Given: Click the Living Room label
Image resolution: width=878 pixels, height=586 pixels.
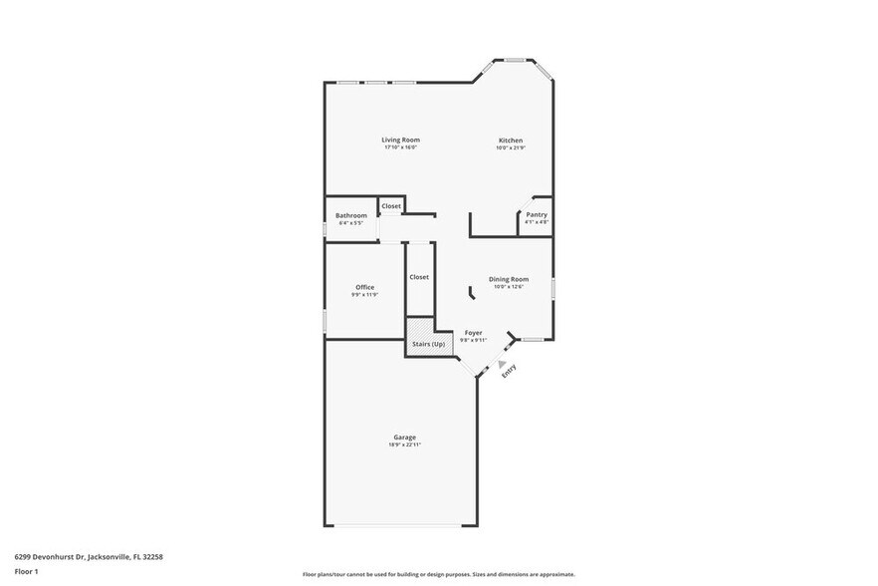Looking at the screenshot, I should point(400,140).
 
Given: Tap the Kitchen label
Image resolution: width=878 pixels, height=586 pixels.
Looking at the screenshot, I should point(511,141).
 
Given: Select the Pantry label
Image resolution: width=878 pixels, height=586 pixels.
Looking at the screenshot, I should point(537,214).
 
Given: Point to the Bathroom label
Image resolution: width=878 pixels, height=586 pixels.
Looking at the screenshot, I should point(350,215).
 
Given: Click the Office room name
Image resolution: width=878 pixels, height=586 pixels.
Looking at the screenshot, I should point(364,287).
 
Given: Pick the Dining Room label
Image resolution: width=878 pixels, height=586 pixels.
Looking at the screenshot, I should point(508,279).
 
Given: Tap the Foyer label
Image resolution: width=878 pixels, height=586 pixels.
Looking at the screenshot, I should point(473,332).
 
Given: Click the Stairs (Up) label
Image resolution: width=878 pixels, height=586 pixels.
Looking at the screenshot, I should point(429,344).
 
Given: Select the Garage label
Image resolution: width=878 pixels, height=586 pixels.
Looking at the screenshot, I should point(404,437).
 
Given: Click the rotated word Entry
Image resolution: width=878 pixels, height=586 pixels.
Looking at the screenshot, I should point(509,371).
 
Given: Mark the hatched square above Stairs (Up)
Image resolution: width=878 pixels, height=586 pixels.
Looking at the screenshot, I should point(418,328).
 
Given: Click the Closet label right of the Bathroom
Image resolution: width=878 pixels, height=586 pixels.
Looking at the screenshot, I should point(391,206).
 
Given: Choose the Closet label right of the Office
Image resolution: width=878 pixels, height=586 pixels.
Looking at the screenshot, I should point(419,277).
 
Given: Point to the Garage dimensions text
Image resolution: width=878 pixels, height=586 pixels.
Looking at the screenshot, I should point(404,444).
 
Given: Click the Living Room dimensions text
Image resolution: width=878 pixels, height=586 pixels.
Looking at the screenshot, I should point(400,147).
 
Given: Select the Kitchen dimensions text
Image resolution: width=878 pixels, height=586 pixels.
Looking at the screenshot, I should point(511,148).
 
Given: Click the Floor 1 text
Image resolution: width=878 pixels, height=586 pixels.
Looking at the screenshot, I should point(26,572).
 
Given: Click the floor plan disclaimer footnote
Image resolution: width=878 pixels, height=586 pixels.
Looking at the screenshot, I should point(438,575).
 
